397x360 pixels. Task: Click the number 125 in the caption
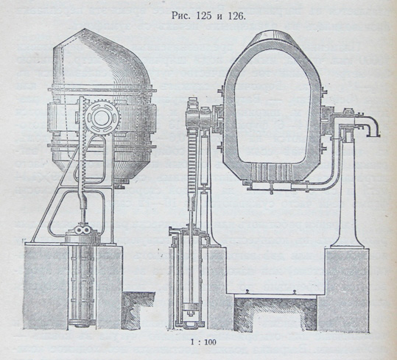[204, 16]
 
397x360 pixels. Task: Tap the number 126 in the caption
[236, 16]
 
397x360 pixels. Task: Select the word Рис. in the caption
[180, 16]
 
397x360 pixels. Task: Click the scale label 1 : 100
[203, 342]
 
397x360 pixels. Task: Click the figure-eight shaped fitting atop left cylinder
[83, 230]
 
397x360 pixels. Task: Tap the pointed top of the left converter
[85, 29]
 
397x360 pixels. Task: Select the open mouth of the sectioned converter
[270, 35]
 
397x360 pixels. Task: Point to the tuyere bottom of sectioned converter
[270, 173]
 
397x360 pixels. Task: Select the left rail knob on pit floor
[247, 292]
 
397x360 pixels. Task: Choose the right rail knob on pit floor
[294, 292]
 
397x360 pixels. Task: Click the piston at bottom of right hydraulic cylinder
[189, 307]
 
